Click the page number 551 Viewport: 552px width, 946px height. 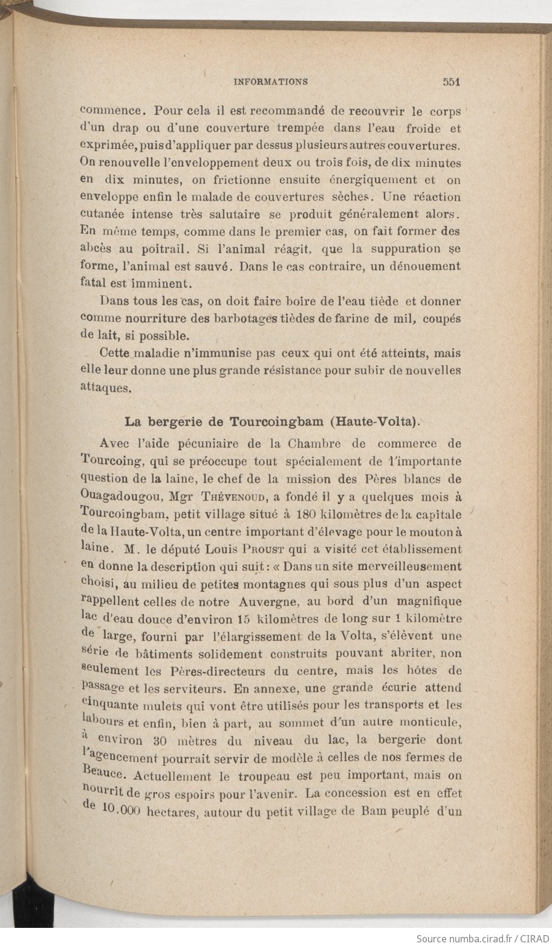tap(452, 82)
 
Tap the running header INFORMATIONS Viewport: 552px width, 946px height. tap(271, 82)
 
